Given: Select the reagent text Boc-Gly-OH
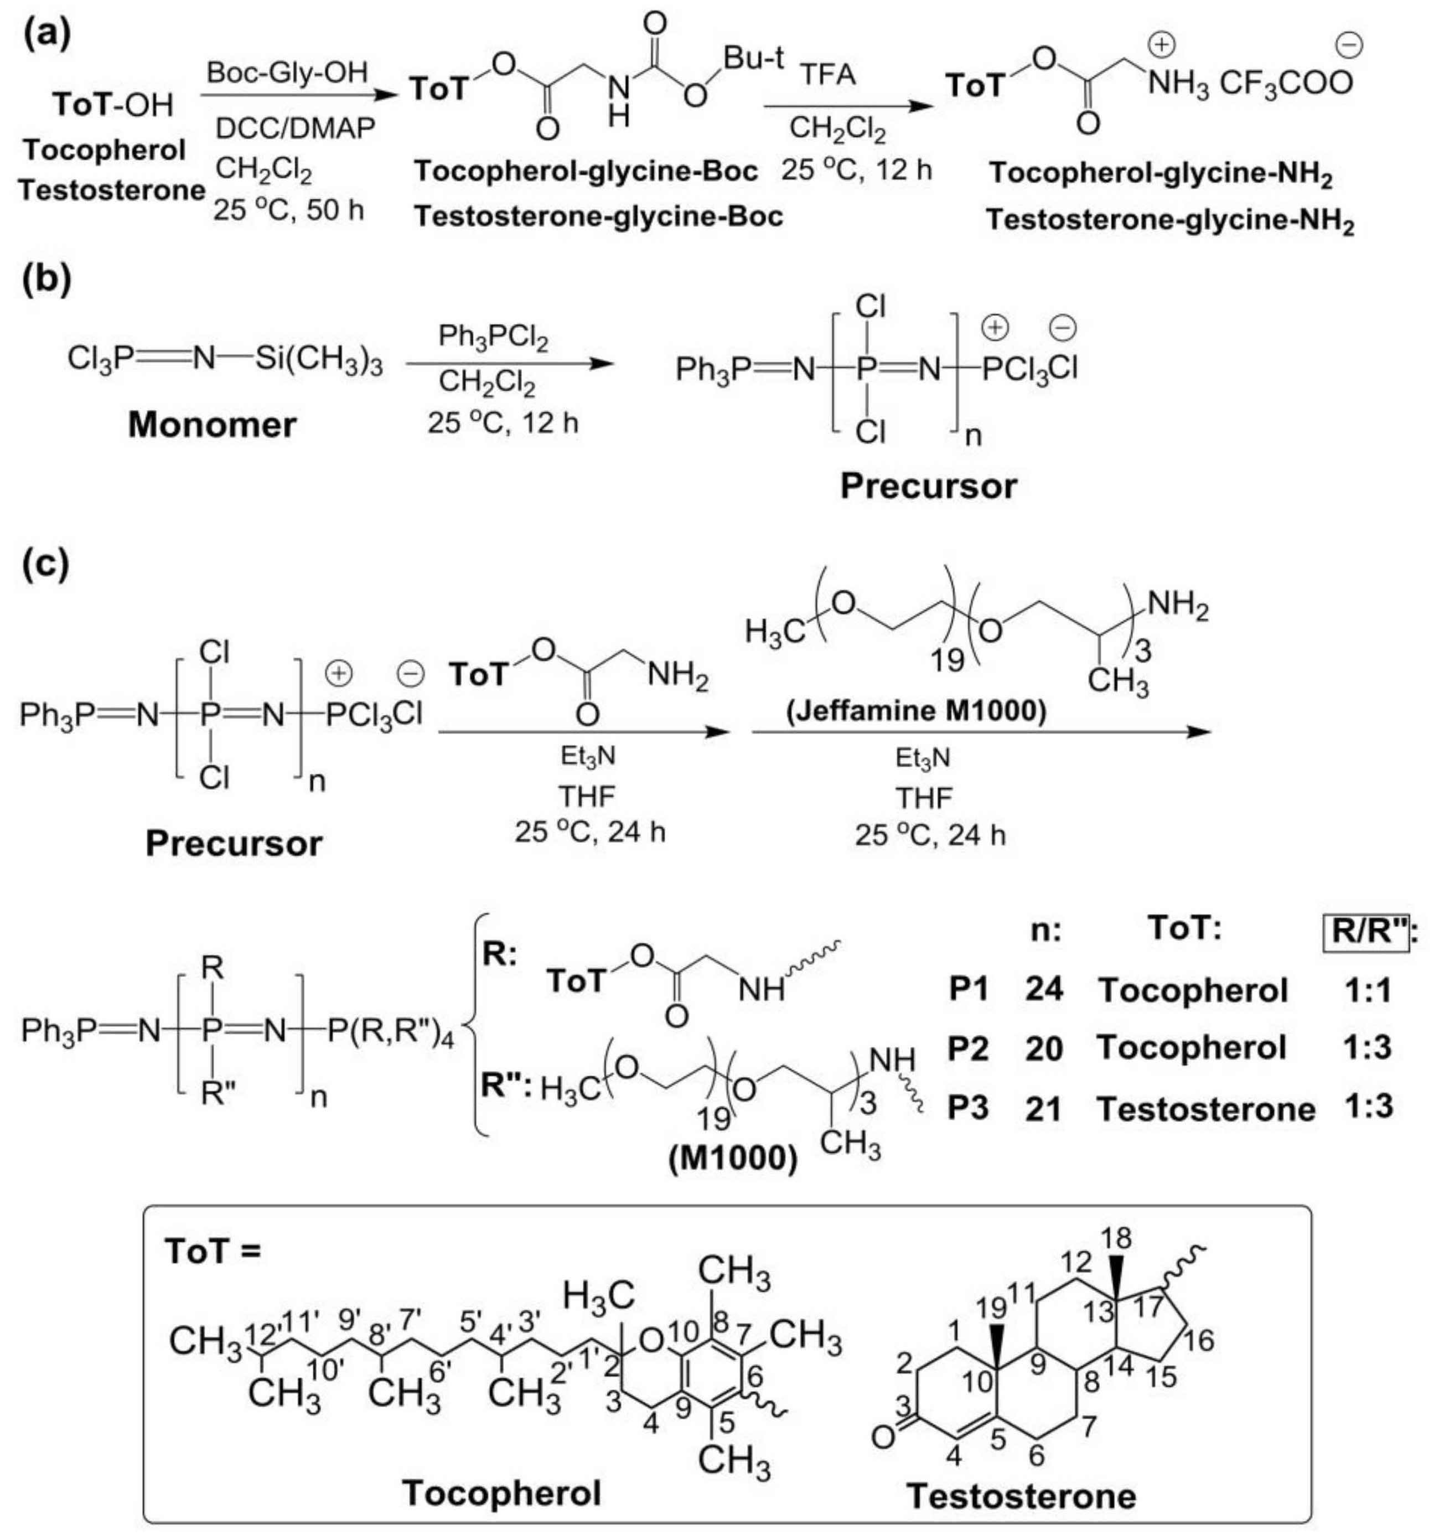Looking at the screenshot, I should click(x=287, y=73).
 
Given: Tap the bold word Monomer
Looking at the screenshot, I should click(x=212, y=425).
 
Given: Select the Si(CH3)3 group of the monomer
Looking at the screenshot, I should click(x=319, y=360).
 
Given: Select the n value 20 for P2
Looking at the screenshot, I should click(x=1044, y=1048).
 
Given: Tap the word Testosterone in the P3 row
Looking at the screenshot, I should click(x=1206, y=1109).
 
